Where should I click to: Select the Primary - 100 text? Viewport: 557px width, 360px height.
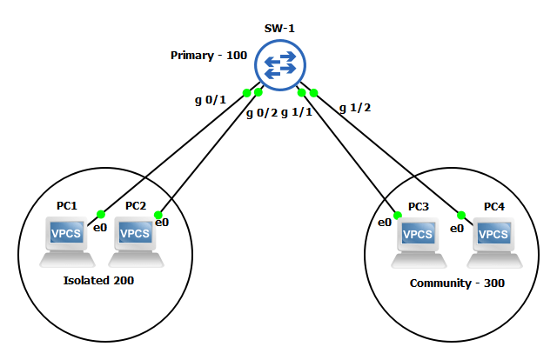point(210,56)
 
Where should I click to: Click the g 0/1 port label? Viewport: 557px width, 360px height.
point(210,99)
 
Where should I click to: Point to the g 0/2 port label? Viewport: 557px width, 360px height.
point(261,113)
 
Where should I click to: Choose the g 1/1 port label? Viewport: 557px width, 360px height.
point(297,113)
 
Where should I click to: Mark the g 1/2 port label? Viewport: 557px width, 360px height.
point(354,108)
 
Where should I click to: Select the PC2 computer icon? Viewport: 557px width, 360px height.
point(136,240)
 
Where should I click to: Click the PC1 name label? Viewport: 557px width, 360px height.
point(67,206)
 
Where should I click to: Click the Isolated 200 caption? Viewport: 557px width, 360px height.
point(98,281)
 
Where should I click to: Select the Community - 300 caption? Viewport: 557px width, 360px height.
point(457,283)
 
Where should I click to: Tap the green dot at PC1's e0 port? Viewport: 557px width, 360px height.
point(101,214)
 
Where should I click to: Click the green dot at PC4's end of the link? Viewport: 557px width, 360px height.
point(460,214)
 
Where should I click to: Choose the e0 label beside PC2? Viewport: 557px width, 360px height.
point(161,223)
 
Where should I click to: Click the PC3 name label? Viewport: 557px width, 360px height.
point(419,207)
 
